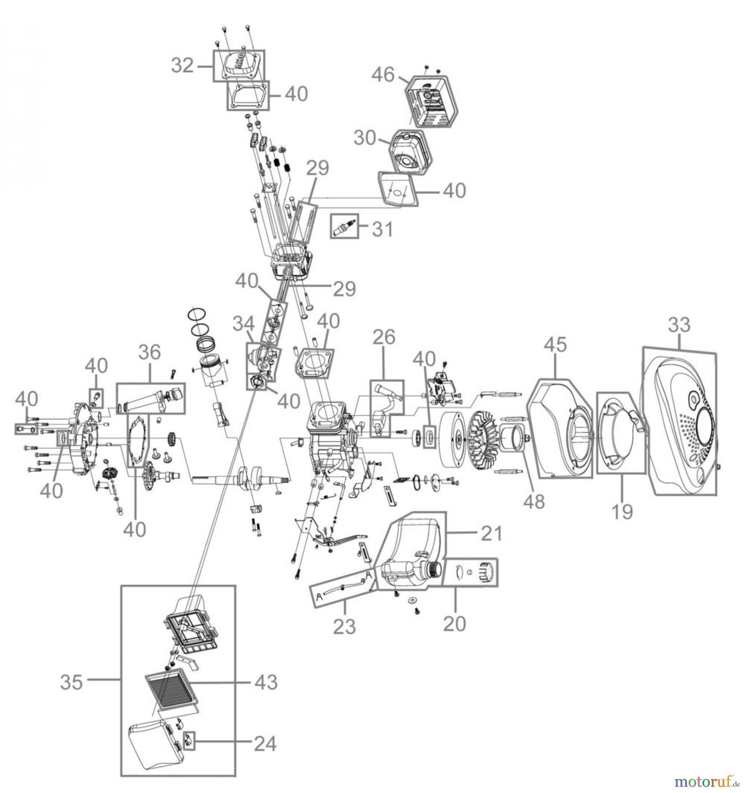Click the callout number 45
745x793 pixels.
(x=556, y=345)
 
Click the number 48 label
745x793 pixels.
(x=534, y=501)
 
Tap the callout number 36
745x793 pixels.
(x=150, y=352)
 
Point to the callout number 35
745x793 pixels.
(x=71, y=682)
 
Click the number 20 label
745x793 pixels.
(x=454, y=623)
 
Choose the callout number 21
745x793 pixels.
(x=491, y=534)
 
